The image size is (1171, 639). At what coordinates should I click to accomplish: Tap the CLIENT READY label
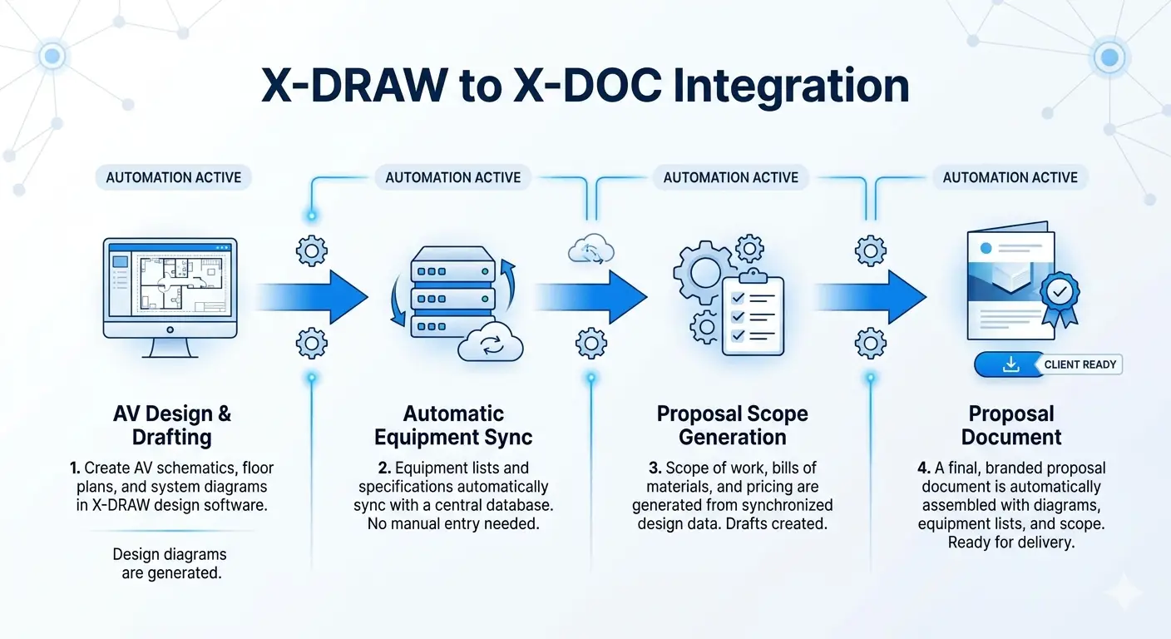tap(1080, 364)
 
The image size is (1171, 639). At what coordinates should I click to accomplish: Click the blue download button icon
tap(1010, 364)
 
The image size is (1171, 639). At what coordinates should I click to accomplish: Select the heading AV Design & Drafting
tap(172, 425)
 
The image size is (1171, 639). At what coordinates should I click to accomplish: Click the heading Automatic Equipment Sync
tap(453, 425)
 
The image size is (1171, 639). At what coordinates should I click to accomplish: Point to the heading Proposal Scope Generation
tap(732, 425)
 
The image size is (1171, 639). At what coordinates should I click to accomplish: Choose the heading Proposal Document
tap(1011, 425)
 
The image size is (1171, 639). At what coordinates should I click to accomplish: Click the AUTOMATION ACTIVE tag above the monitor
tap(174, 177)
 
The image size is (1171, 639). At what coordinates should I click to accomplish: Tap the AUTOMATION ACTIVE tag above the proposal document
tap(1010, 177)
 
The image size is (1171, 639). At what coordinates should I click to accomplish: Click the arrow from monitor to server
tap(316, 295)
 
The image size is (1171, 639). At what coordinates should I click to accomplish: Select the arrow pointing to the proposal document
tap(873, 295)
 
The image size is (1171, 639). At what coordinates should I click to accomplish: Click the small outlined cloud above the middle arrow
tap(590, 249)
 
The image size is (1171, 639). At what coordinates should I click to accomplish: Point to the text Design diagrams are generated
tap(170, 563)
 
